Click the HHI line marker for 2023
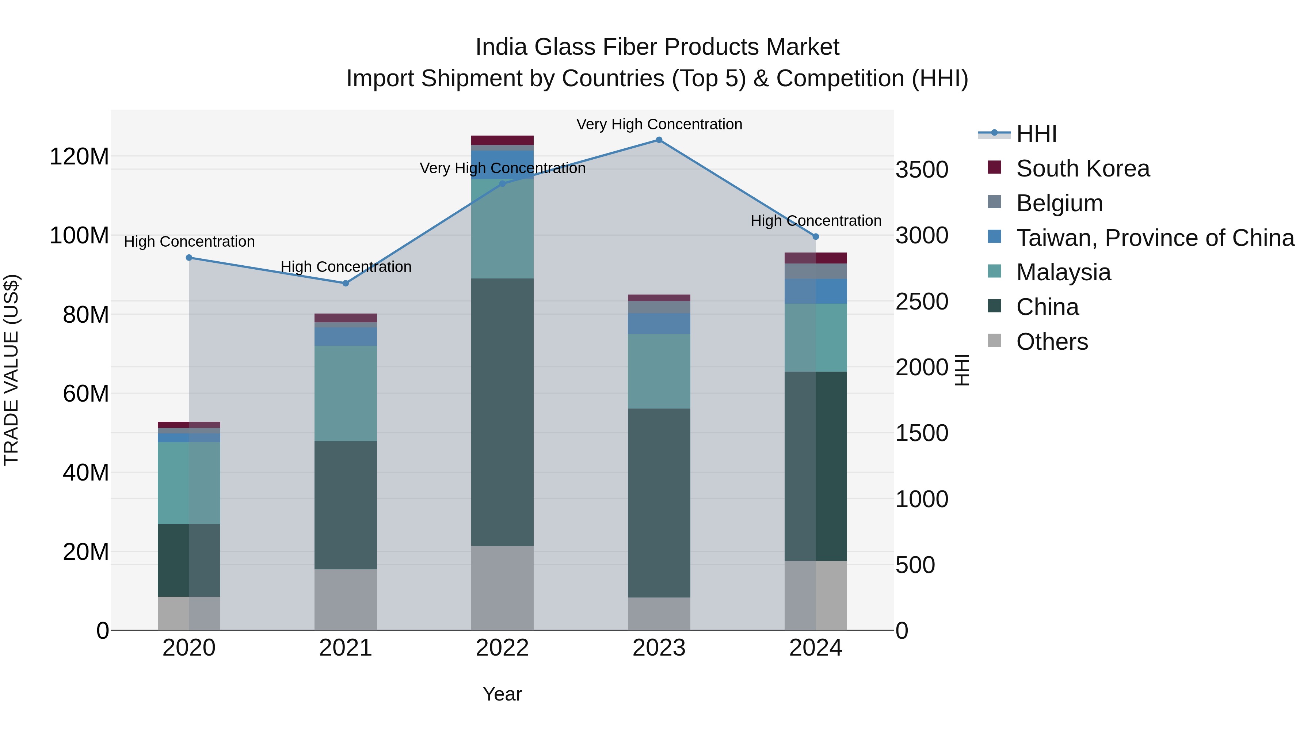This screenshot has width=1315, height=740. point(659,140)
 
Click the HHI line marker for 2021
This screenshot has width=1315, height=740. point(346,283)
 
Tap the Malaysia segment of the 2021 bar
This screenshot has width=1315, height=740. point(346,393)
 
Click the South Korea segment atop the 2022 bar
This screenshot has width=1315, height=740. point(502,140)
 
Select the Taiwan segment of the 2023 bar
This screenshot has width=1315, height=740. point(659,323)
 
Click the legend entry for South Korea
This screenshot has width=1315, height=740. point(1082,168)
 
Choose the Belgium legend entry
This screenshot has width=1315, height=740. point(1059,203)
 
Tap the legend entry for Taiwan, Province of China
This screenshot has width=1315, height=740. point(1155,238)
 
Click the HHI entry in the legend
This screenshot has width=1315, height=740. point(1036,134)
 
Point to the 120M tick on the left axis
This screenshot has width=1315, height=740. point(79,156)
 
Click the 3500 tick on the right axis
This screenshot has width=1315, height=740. point(922,170)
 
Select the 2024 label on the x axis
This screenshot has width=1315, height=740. point(815,648)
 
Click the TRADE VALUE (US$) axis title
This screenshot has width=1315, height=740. point(11,370)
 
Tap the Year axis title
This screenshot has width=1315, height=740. point(502,694)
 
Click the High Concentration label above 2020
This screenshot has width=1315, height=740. point(189,242)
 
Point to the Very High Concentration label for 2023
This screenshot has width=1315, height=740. point(659,124)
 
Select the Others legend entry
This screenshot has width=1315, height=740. point(1052,342)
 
